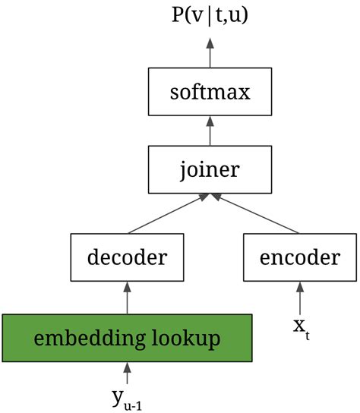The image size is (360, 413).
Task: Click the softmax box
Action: click(x=209, y=94)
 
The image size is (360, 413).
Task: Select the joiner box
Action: click(x=209, y=168)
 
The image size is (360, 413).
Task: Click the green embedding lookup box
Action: click(x=127, y=336)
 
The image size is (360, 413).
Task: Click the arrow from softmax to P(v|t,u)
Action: click(x=209, y=52)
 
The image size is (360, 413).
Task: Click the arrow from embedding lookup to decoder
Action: click(x=127, y=296)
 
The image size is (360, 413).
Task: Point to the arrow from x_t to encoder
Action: click(x=299, y=298)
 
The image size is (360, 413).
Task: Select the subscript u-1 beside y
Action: click(x=133, y=405)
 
